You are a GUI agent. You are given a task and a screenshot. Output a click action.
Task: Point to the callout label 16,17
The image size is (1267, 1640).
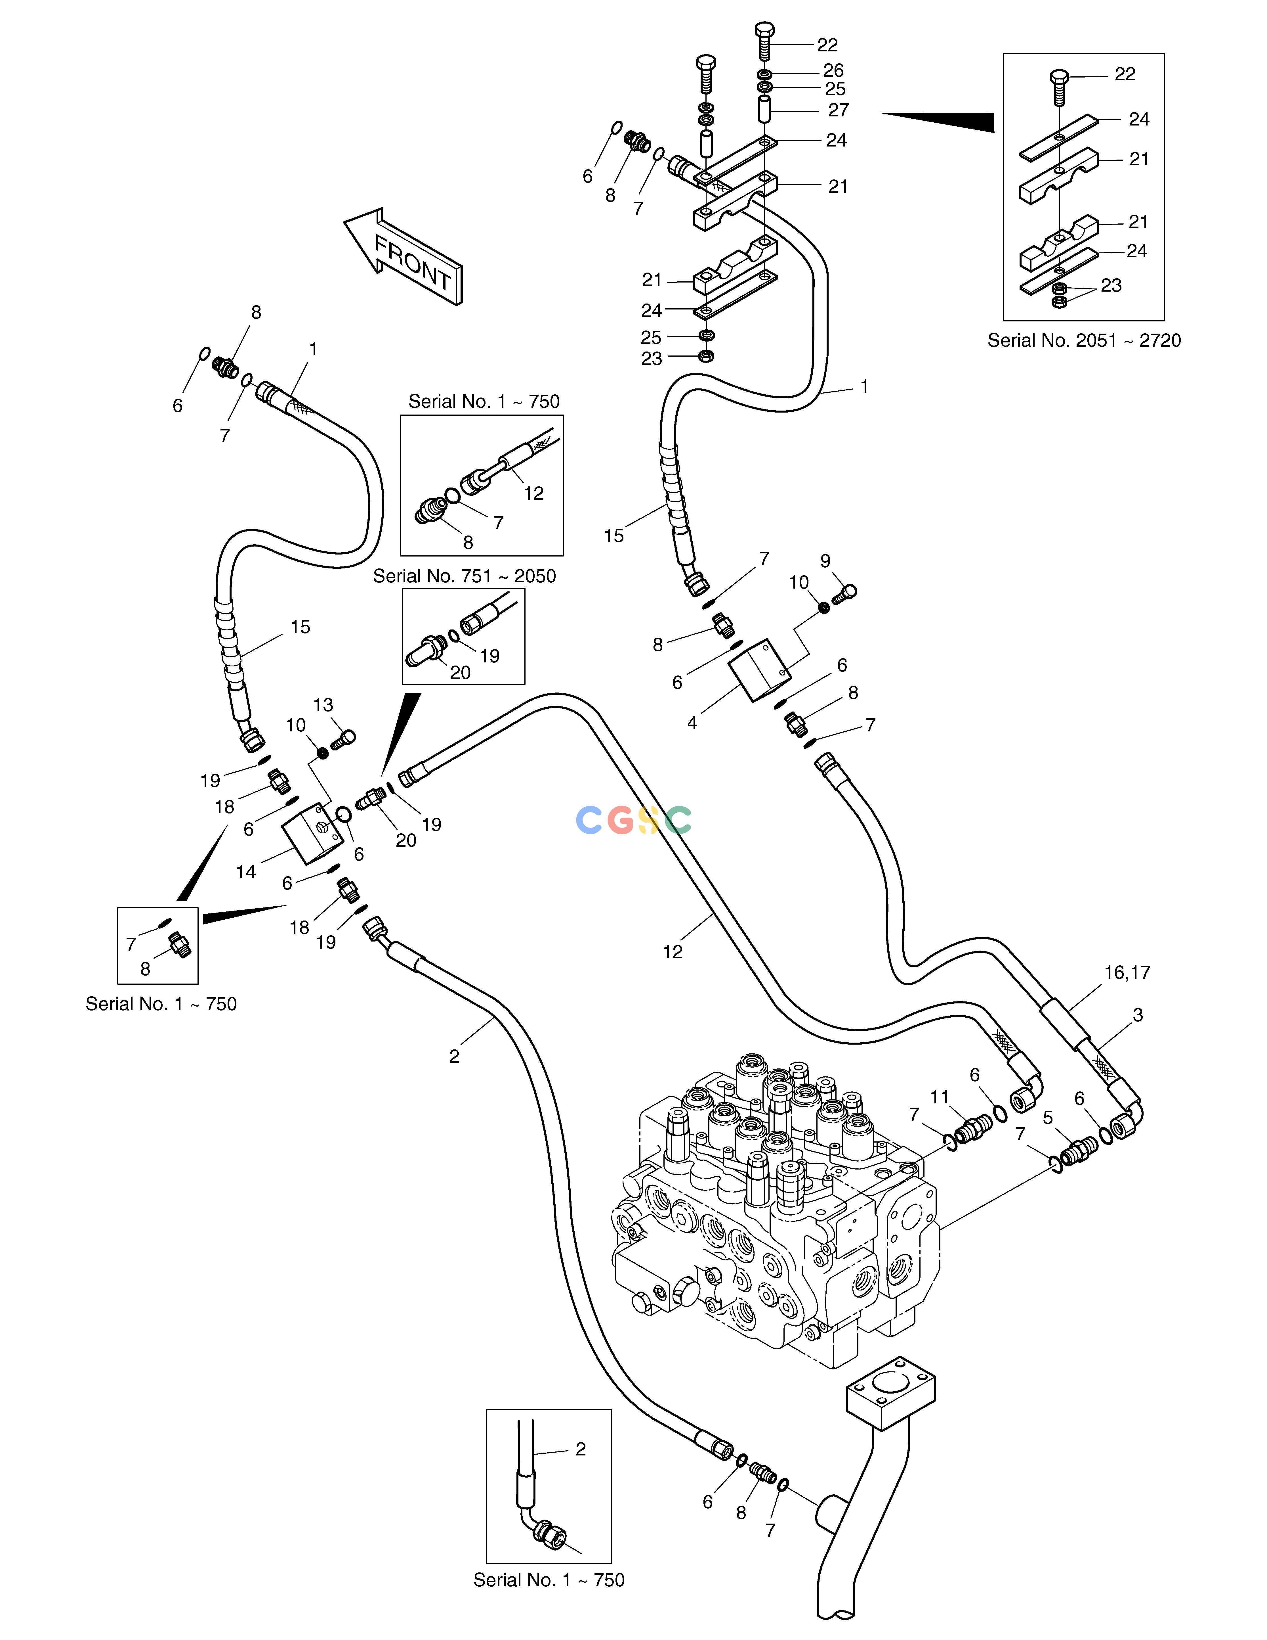1127,972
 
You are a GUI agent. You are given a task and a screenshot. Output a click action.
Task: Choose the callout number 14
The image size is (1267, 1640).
246,872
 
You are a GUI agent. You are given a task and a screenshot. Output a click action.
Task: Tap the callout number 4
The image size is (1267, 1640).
692,722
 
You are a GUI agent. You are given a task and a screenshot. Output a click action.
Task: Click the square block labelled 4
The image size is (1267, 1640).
760,670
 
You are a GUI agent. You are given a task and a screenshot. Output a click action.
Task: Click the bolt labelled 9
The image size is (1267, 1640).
844,594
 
